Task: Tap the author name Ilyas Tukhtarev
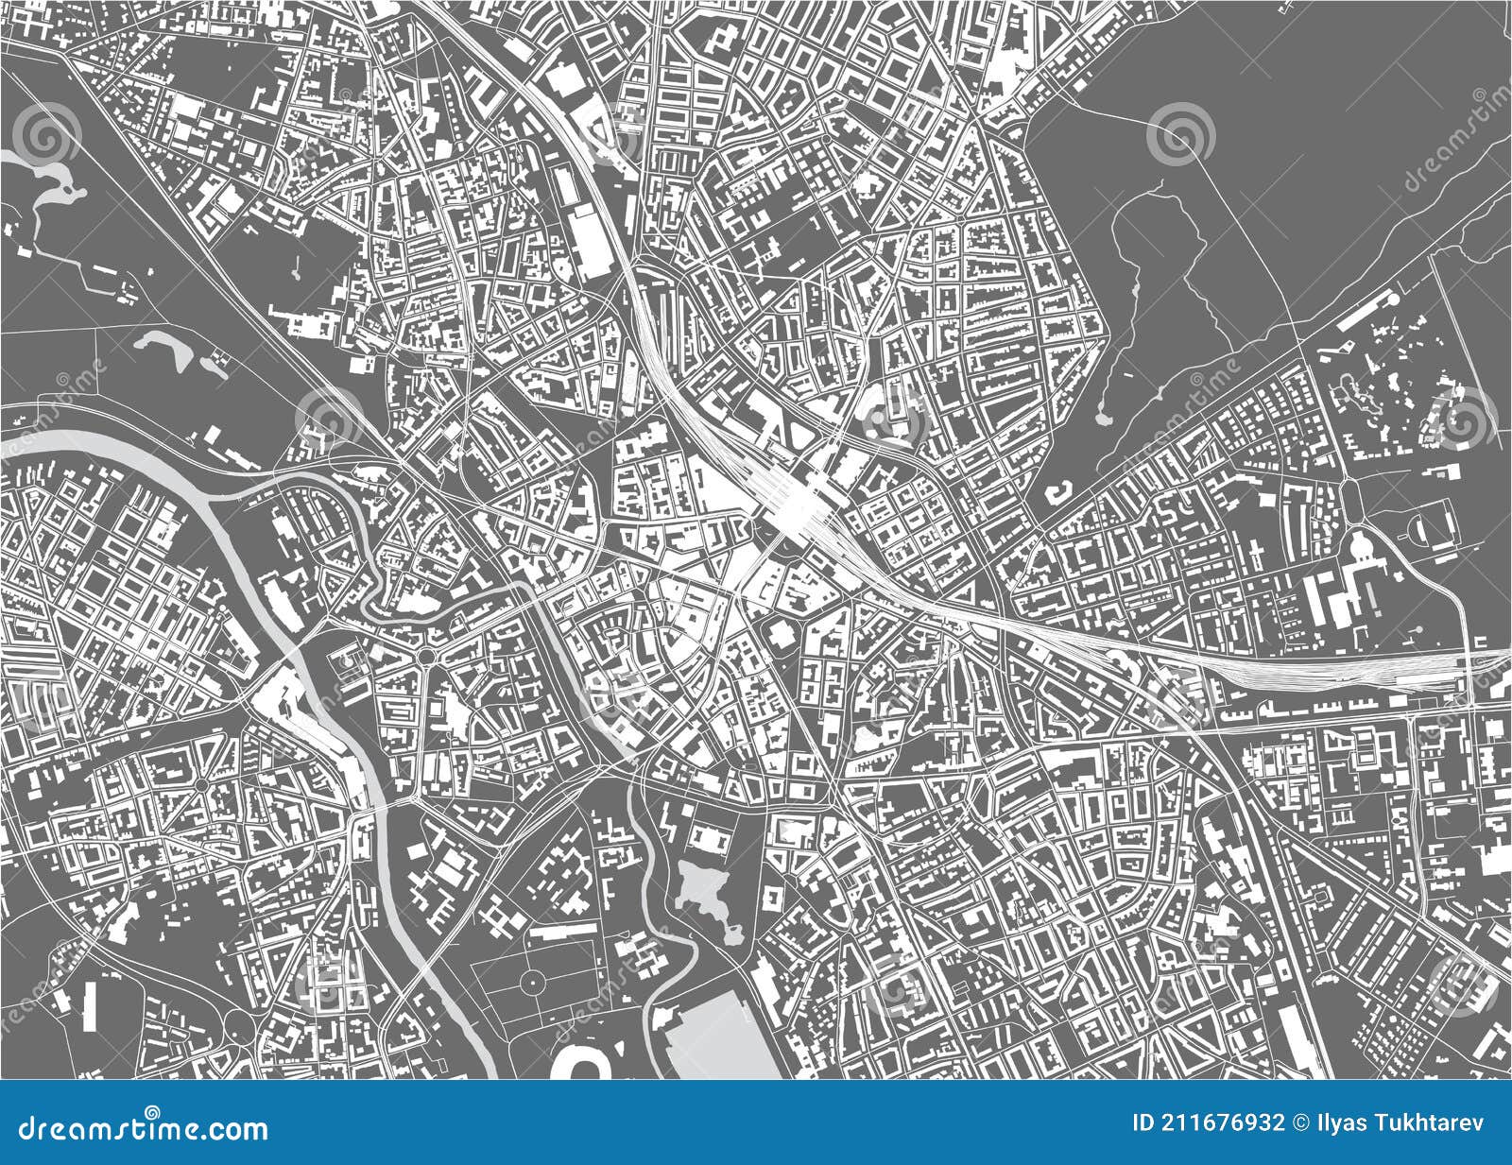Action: (1398, 1122)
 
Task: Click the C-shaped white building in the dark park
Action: (1057, 491)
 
